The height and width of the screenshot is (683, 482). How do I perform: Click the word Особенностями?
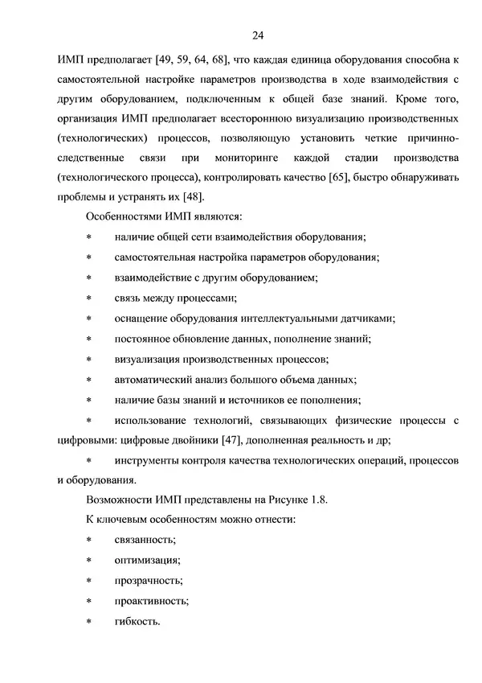coord(124,216)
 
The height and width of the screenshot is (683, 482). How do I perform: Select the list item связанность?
coord(146,541)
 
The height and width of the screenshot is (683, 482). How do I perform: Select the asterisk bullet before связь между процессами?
coord(89,298)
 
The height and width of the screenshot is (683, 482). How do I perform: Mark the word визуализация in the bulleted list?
coord(149,359)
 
